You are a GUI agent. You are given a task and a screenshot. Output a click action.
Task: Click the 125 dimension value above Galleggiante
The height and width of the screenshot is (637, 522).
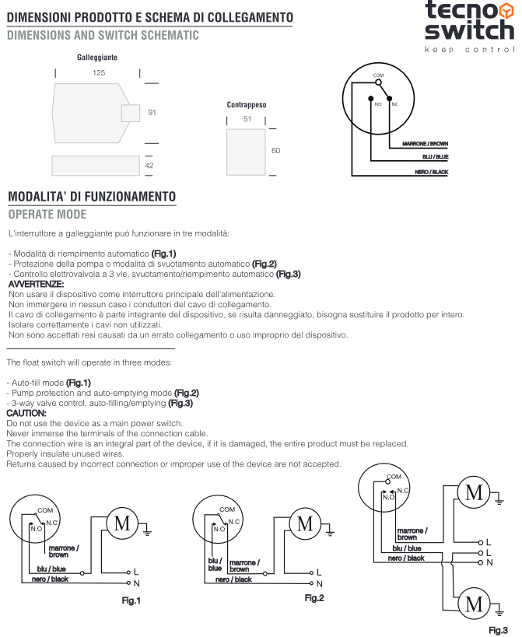99,72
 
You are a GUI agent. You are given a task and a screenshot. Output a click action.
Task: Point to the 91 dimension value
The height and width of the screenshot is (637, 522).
152,113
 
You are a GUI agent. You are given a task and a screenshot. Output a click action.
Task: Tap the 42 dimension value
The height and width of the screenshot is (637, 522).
150,166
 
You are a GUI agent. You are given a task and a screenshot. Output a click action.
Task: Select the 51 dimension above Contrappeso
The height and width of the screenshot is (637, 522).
247,119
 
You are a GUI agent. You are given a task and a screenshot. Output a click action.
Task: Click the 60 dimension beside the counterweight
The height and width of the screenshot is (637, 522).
275,151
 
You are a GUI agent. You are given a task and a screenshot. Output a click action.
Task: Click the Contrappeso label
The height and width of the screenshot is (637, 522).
247,104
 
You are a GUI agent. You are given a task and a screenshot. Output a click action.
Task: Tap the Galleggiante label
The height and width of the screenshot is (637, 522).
97,58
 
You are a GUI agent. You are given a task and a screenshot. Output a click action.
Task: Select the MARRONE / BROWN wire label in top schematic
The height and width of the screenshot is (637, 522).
425,144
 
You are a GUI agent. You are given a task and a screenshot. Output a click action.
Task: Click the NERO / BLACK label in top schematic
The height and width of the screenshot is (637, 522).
432,171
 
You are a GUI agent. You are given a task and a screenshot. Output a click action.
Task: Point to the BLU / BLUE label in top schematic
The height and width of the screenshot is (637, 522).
433,157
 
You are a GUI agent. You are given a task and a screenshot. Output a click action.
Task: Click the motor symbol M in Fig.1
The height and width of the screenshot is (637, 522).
122,523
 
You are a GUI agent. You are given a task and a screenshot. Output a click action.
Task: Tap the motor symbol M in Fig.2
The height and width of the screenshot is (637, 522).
306,523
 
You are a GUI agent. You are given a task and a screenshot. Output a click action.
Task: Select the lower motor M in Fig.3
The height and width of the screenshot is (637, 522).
474,603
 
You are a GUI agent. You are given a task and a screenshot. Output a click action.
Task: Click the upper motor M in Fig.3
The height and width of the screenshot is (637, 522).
474,492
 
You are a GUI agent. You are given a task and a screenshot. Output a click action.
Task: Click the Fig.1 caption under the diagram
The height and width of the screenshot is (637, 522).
131,600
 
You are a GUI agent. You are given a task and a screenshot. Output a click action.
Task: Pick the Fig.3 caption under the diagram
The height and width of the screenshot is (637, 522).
498,630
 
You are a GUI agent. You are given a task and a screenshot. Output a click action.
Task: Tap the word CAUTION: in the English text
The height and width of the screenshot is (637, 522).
26,413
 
